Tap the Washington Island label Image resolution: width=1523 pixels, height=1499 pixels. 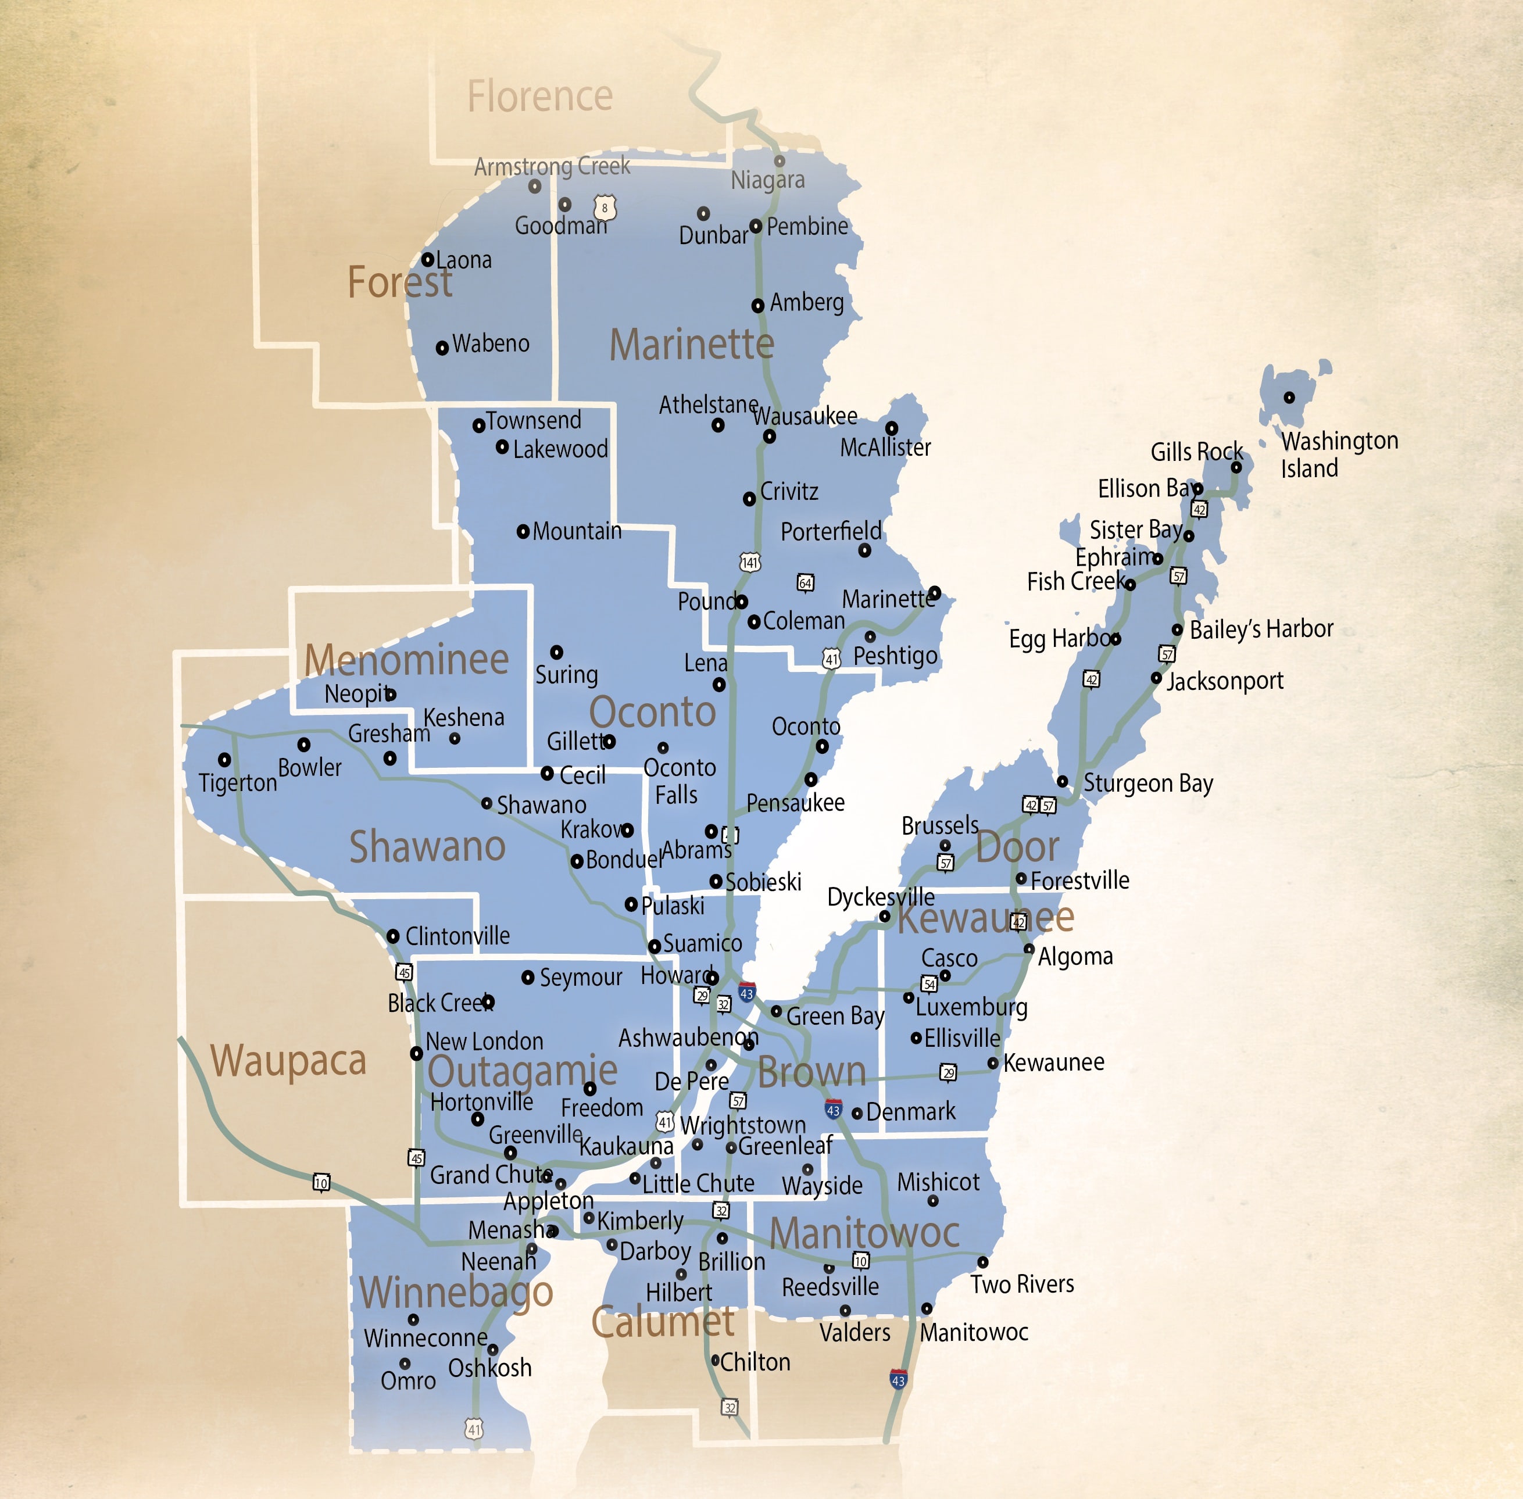coord(1339,455)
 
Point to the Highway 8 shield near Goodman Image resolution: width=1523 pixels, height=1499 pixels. coord(604,208)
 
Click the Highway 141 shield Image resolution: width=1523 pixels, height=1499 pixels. coord(750,562)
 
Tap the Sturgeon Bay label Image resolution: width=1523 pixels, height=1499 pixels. coord(1147,784)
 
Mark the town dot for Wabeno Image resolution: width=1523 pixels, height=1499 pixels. coord(442,347)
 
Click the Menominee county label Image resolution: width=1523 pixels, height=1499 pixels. coord(406,659)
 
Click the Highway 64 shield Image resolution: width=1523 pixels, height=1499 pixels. coord(805,582)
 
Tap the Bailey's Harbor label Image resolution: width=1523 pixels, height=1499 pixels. coord(1261,629)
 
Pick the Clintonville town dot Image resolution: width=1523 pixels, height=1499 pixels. coord(393,936)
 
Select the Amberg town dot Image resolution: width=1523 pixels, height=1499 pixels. coord(757,306)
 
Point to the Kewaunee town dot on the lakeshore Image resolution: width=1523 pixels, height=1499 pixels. coord(993,1064)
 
